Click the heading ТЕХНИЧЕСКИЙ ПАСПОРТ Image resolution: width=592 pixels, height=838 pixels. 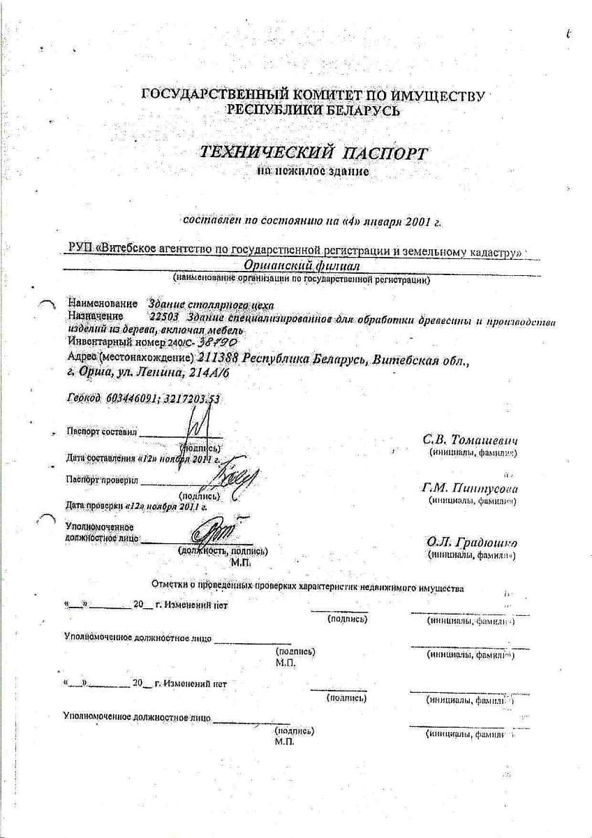pos(313,152)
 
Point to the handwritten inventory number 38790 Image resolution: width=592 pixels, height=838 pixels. pos(219,342)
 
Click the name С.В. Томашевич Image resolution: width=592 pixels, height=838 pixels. pos(470,440)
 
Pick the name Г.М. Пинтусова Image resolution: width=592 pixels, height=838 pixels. pos(469,487)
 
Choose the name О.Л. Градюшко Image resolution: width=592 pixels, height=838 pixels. pos(472,542)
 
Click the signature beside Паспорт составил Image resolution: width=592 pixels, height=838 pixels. pos(198,427)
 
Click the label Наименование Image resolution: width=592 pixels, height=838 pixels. pos(103,304)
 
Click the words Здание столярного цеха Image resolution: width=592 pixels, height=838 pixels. pos(212,304)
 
